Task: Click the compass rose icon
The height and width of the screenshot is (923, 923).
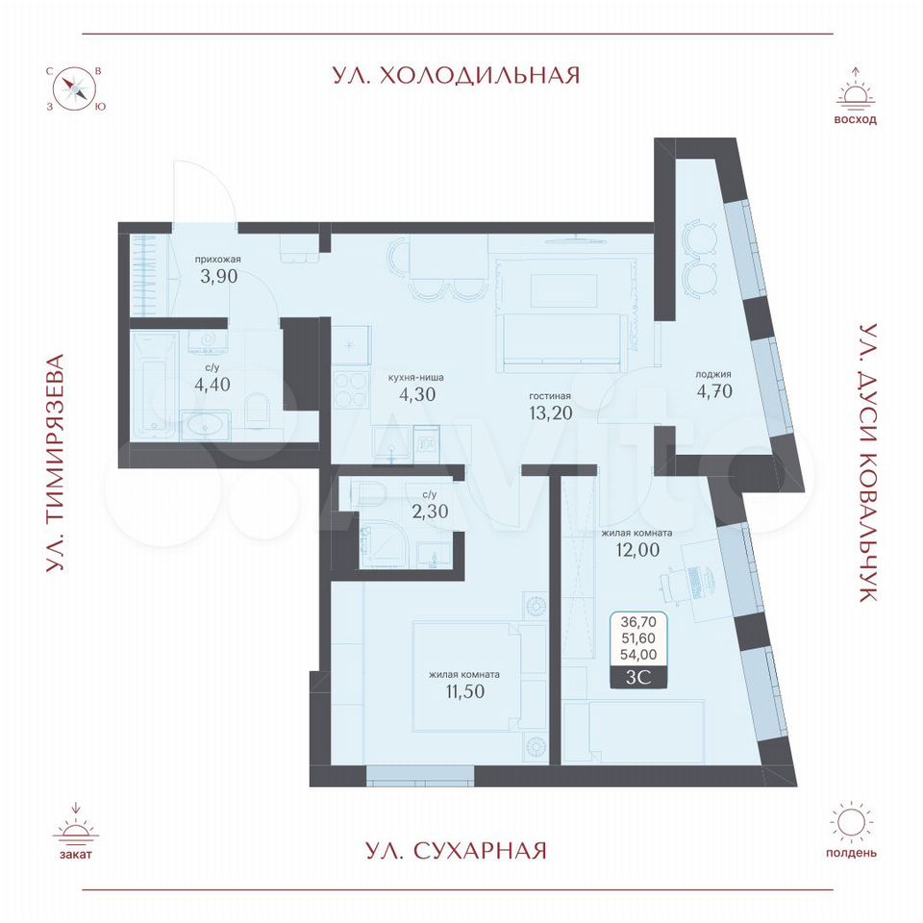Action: (x=75, y=89)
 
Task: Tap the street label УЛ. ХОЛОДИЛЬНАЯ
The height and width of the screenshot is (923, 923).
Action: (x=456, y=75)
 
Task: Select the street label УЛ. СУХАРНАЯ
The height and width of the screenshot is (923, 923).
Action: (x=456, y=851)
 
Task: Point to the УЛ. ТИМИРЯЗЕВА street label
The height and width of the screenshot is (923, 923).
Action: (x=55, y=462)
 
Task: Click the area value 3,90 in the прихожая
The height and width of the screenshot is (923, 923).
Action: (x=219, y=276)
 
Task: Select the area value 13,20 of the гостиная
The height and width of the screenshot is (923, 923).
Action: (x=550, y=412)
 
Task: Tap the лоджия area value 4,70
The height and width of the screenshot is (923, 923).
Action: (x=714, y=391)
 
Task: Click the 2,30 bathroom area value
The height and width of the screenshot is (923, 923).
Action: (x=431, y=511)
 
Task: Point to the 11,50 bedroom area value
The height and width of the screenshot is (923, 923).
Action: (x=465, y=691)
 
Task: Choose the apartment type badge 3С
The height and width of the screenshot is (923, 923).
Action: (x=638, y=677)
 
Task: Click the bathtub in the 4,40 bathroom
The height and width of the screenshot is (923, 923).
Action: (x=154, y=387)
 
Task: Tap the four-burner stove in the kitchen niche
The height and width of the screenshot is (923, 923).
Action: (x=350, y=390)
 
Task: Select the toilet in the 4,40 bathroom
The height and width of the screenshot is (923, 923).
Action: (x=257, y=411)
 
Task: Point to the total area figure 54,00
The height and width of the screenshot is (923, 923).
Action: (x=638, y=654)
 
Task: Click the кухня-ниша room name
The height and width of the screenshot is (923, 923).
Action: (x=415, y=377)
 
